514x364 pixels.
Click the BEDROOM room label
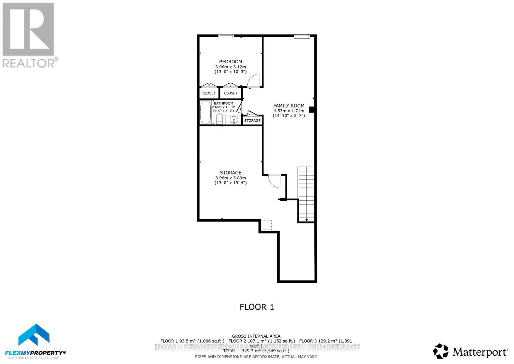(230, 61)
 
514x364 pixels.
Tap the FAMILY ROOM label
(288, 105)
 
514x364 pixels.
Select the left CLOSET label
(209, 93)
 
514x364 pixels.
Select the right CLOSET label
(231, 93)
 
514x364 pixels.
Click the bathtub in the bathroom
(205, 113)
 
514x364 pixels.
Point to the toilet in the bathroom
(219, 119)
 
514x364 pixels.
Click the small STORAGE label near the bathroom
(252, 121)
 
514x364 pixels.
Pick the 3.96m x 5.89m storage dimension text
(230, 178)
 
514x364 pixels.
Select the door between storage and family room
(274, 181)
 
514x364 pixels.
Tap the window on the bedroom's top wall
(226, 36)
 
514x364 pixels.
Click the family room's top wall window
(302, 37)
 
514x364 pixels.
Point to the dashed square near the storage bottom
(266, 225)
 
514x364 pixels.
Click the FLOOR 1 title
(257, 307)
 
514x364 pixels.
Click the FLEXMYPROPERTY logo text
(37, 353)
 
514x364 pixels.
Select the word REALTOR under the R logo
(29, 63)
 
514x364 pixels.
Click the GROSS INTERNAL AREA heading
(256, 336)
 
